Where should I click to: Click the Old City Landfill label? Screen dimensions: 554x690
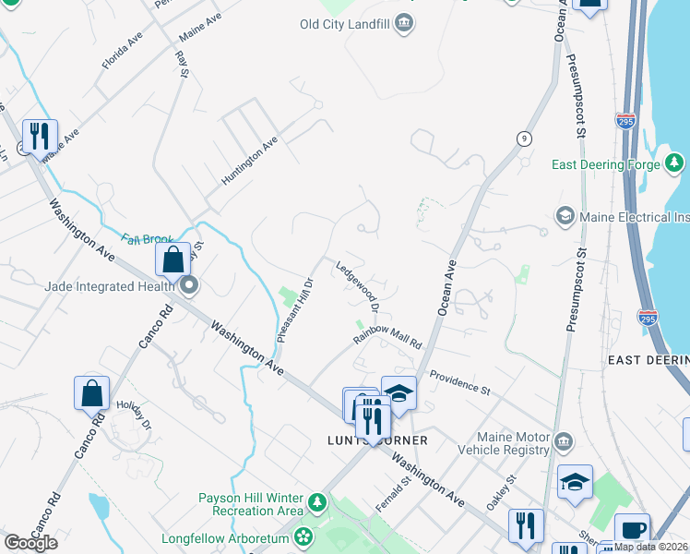[343, 24]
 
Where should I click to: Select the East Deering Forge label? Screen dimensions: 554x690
[605, 165]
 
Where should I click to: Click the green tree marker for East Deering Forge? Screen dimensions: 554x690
[675, 164]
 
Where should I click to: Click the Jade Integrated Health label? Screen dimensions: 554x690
[110, 286]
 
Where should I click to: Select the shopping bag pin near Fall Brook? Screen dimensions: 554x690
[173, 262]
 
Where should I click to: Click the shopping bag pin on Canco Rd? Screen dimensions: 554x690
[92, 394]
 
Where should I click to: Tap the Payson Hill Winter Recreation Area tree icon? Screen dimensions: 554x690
[317, 503]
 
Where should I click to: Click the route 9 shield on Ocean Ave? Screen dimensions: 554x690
[524, 138]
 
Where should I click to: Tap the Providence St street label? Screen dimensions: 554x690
[459, 383]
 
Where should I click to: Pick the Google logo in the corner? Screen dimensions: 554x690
[30, 543]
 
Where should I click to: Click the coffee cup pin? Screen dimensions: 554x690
[632, 530]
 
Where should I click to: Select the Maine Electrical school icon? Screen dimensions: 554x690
[565, 217]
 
